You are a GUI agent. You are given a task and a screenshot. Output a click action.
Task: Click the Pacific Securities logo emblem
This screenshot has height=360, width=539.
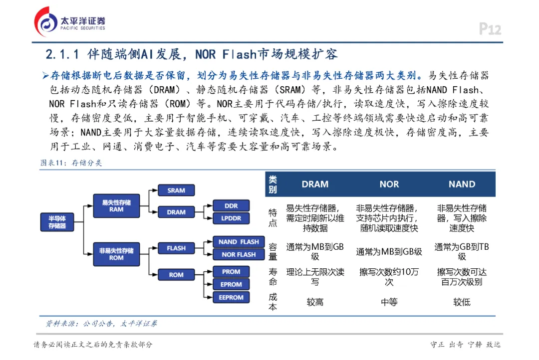tap(45, 22)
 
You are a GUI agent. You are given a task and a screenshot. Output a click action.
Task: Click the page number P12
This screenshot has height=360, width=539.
tap(490, 29)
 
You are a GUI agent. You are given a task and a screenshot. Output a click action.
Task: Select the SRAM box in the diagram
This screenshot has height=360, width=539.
tap(176, 190)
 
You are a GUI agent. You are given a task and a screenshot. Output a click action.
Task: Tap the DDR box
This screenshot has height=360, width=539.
tap(231, 205)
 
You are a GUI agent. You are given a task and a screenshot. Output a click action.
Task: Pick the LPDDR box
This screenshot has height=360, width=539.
tap(231, 218)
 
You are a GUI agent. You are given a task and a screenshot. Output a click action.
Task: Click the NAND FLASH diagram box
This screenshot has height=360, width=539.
tap(239, 242)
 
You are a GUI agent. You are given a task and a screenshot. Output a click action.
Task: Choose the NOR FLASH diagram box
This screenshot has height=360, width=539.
tap(239, 254)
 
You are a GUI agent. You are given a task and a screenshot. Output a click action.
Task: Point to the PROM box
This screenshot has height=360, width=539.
tap(231, 272)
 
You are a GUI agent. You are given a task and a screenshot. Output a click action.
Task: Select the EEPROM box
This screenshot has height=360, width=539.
tap(231, 297)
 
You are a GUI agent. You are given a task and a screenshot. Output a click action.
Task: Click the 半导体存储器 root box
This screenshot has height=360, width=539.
tap(57, 222)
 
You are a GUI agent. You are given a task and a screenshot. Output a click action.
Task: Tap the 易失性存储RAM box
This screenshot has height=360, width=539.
tap(116, 206)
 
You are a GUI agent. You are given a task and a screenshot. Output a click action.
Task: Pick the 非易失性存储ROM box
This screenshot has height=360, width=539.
tap(116, 254)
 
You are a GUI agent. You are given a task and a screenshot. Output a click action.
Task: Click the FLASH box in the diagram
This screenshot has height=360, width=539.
tap(176, 248)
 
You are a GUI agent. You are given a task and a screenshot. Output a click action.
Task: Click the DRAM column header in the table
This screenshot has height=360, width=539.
tap(315, 184)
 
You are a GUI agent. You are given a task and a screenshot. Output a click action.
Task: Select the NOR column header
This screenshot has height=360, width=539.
tap(389, 184)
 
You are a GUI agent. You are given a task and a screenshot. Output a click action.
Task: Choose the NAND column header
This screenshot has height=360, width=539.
tap(462, 184)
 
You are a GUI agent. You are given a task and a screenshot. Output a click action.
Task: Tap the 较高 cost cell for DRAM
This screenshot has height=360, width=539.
tap(315, 302)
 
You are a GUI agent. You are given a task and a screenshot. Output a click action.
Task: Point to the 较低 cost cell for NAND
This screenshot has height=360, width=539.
tap(462, 302)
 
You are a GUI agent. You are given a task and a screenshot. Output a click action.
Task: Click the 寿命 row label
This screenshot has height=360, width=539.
tap(272, 277)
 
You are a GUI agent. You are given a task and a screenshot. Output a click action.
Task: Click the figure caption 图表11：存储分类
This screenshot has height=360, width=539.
tap(71, 163)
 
